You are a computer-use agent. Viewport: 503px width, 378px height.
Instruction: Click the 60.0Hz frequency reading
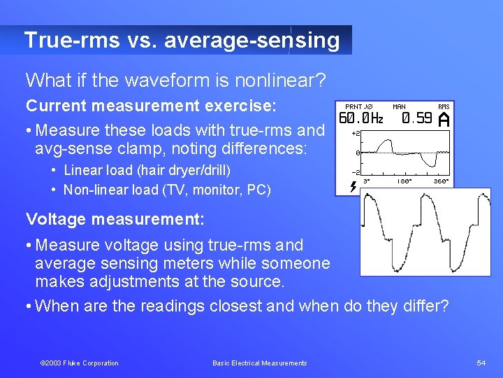[x=361, y=118]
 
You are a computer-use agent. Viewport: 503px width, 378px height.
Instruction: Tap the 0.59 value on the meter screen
[x=417, y=118]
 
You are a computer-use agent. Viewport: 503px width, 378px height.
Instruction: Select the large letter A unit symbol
[x=443, y=120]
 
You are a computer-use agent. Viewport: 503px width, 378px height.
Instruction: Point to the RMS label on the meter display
[x=444, y=106]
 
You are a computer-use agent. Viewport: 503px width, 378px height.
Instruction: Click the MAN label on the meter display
[x=399, y=106]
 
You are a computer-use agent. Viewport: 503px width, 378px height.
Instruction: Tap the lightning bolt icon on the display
[x=352, y=185]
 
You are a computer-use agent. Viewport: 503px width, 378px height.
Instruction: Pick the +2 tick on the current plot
[x=355, y=133]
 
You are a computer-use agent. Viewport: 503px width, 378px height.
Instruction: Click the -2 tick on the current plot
[x=355, y=172]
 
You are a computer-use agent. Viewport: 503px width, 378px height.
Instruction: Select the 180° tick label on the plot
[x=405, y=181]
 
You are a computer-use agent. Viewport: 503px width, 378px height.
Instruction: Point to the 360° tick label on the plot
[x=441, y=181]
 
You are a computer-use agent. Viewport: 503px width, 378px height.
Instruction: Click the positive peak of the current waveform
[x=381, y=138]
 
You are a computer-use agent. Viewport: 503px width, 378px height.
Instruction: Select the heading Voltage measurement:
[x=115, y=219]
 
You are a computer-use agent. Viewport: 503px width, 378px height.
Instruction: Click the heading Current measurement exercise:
[x=151, y=106]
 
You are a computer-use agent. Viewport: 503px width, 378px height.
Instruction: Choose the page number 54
[x=481, y=363]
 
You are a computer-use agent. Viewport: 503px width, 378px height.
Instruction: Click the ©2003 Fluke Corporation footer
[x=79, y=363]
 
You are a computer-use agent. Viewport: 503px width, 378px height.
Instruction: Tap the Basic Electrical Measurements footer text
[x=259, y=363]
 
